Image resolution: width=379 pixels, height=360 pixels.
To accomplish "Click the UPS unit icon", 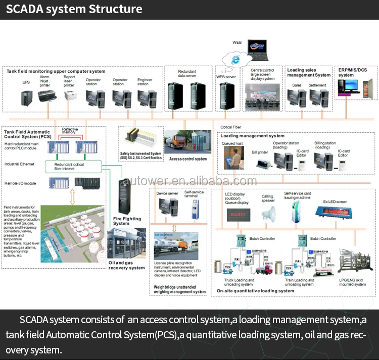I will click(x=26, y=97).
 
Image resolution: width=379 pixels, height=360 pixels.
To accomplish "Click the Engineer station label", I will click(x=145, y=81).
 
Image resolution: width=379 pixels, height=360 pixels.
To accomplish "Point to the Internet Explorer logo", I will click(x=235, y=59).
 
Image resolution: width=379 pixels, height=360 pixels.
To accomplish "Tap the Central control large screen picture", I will click(x=263, y=94).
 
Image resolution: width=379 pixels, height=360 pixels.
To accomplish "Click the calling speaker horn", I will click(x=269, y=214).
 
